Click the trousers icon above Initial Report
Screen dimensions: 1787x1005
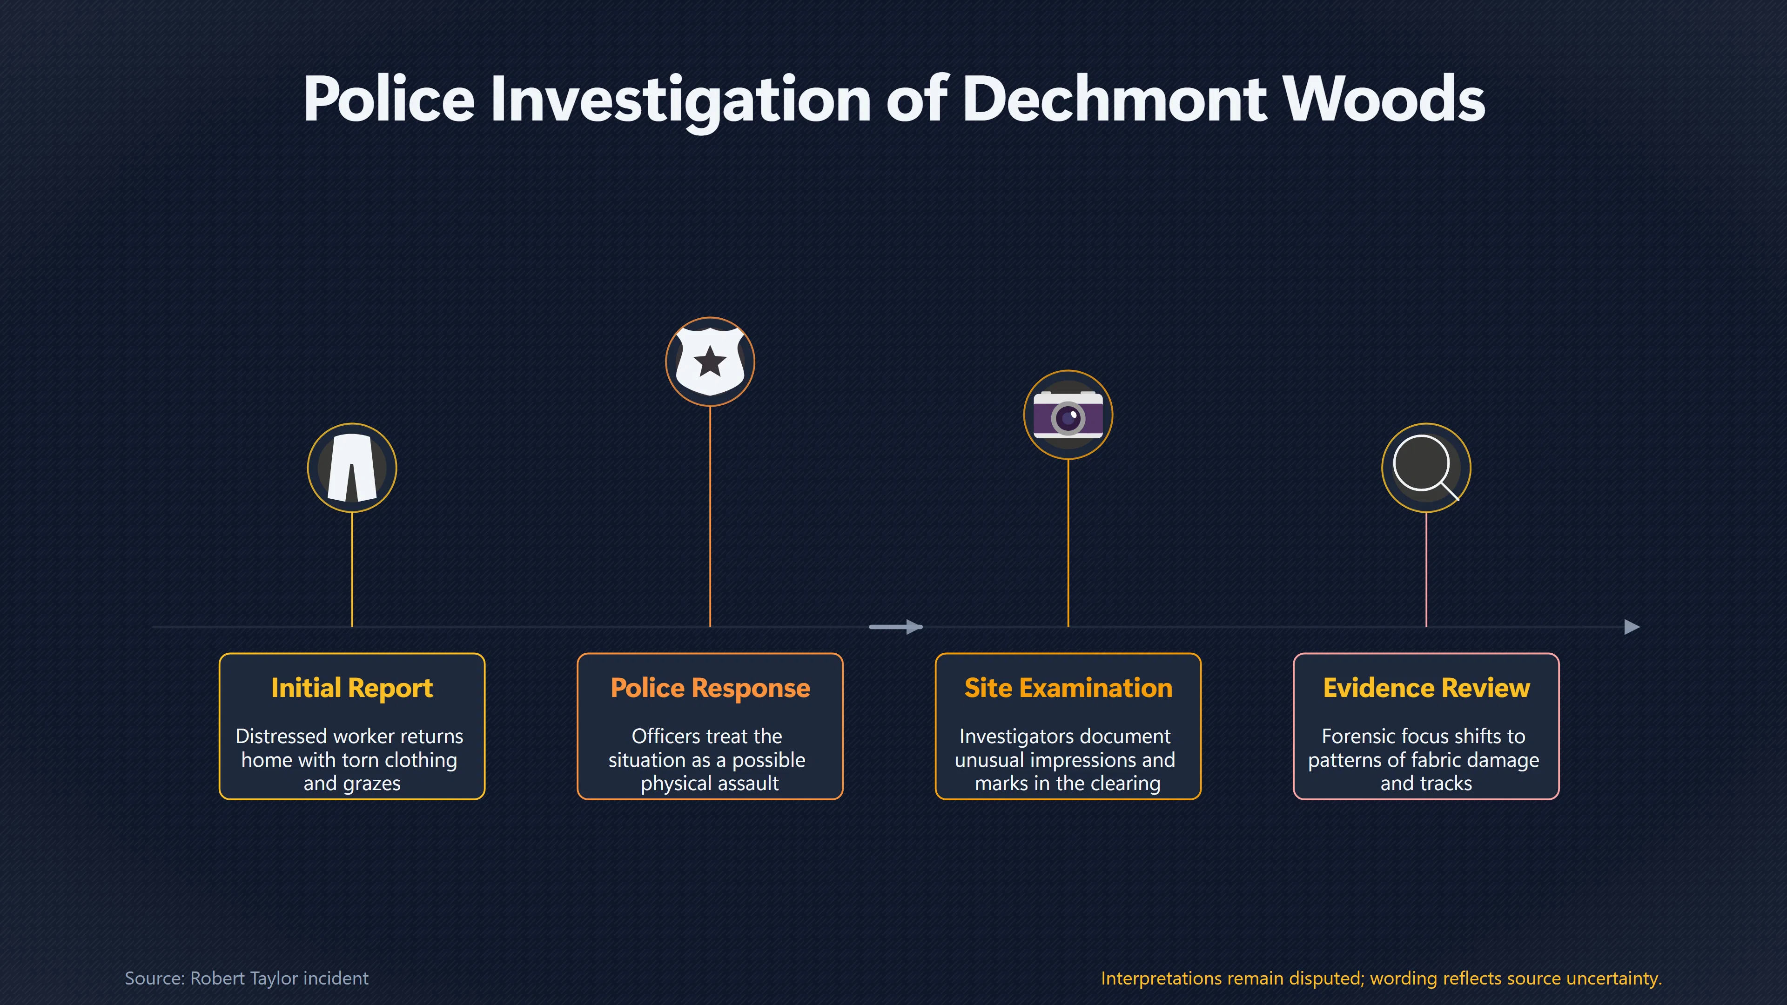352,468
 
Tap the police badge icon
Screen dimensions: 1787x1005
710,362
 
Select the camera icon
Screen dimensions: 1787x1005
1068,415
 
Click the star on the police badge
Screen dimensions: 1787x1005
710,362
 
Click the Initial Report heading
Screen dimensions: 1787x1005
352,688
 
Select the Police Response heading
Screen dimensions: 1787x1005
710,688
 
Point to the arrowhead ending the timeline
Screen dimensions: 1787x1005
1632,627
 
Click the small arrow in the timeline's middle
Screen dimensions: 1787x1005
895,627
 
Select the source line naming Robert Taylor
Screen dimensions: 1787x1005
246,978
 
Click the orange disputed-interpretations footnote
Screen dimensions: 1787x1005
1381,978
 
